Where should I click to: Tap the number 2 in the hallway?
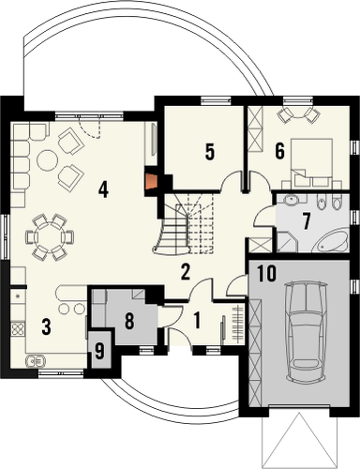(x=186, y=273)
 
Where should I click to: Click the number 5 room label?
(x=210, y=150)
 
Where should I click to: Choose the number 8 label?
(x=130, y=322)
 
